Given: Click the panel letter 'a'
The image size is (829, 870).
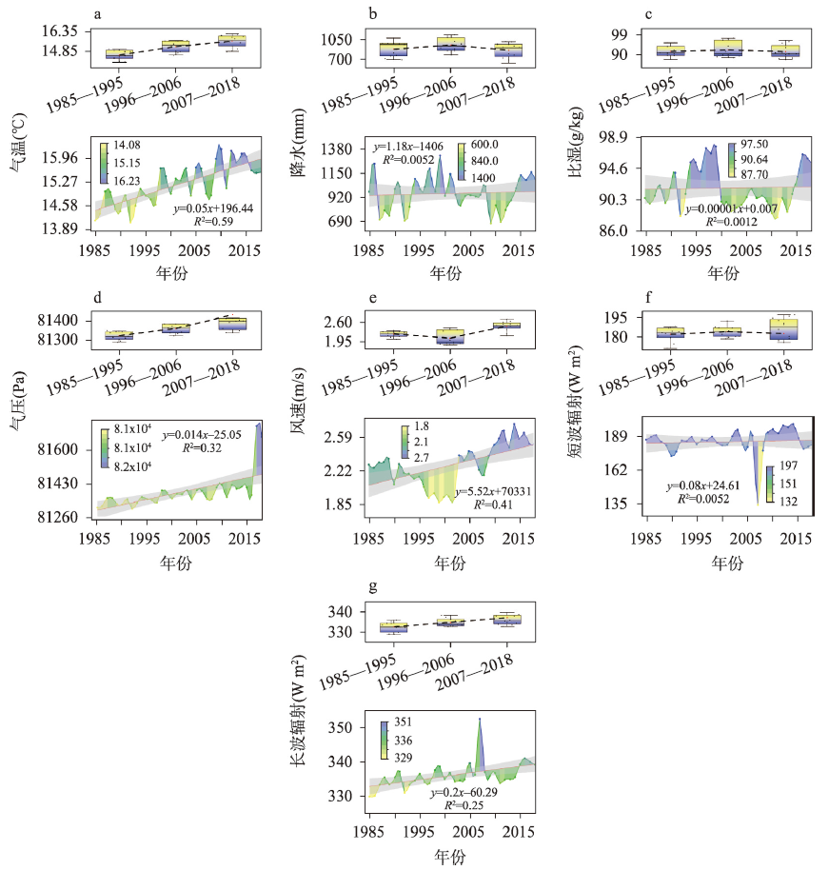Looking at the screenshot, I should (x=97, y=13).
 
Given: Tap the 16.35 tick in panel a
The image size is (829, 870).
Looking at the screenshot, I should (x=60, y=31).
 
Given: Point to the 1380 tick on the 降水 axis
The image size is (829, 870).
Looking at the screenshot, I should (x=338, y=150).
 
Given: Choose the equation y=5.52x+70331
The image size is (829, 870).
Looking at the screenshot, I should (x=498, y=491).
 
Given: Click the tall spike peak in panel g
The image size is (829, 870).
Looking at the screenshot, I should (x=480, y=719).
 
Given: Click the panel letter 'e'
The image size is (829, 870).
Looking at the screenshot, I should (x=371, y=298).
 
